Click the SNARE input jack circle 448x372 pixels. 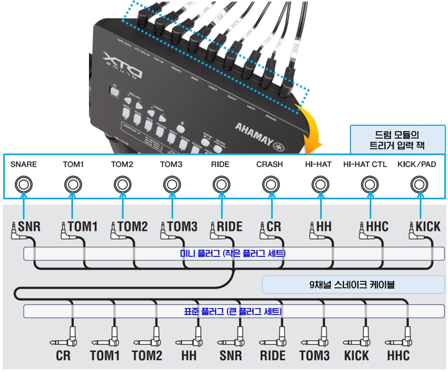pyautogui.click(x=23, y=184)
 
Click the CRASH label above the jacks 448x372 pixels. pyautogui.click(x=270, y=164)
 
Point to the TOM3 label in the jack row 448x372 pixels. pyautogui.click(x=171, y=164)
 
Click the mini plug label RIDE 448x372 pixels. pyautogui.click(x=230, y=227)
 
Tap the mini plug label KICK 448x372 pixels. pyautogui.click(x=428, y=227)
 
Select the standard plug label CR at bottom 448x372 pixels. pyautogui.click(x=63, y=355)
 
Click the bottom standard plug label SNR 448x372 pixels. pyautogui.click(x=230, y=355)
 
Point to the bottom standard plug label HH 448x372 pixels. pyautogui.click(x=189, y=355)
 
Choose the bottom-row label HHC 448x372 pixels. pyautogui.click(x=398, y=355)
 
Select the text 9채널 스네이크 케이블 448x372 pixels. pyautogui.click(x=353, y=285)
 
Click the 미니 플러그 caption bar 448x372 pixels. pyautogui.click(x=233, y=254)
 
